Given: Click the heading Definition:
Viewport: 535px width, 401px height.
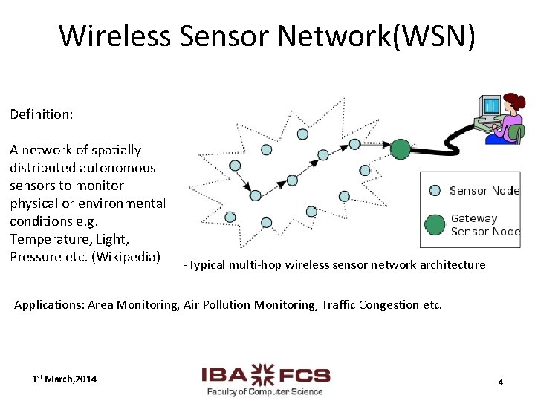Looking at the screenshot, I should click(41, 114).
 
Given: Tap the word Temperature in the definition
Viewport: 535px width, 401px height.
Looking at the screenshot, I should click(51, 239).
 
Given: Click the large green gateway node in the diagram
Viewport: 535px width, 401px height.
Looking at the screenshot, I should click(401, 149).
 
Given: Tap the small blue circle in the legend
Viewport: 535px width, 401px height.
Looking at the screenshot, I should click(435, 190).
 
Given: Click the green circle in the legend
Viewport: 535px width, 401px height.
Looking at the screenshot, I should click(435, 224).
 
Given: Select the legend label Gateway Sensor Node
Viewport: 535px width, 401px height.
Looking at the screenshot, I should click(484, 224).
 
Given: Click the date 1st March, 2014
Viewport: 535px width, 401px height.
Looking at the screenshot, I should click(64, 379).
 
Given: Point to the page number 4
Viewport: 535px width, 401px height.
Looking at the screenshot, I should click(500, 382).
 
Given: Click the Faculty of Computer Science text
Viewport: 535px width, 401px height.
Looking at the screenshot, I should click(265, 391).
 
